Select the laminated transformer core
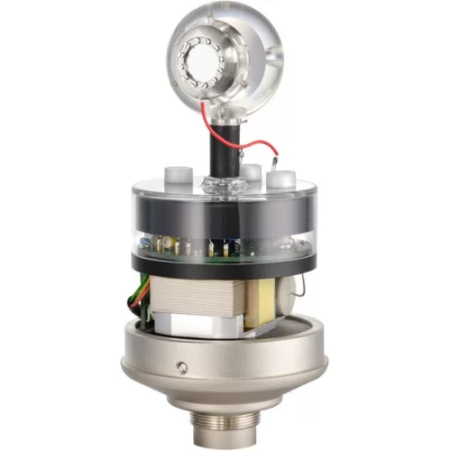pyautogui.click(x=198, y=298)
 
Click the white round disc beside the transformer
pyautogui.click(x=292, y=291)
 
